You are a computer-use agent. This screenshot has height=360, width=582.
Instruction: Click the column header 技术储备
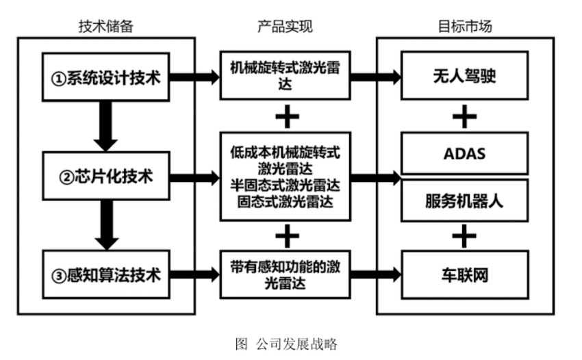[x=105, y=27]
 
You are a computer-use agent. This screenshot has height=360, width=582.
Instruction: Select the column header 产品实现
[x=285, y=27]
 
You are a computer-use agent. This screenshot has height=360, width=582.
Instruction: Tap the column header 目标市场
[x=465, y=27]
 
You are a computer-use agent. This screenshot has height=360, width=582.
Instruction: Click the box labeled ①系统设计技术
[x=105, y=77]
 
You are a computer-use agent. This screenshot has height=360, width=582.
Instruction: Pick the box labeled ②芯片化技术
[x=105, y=177]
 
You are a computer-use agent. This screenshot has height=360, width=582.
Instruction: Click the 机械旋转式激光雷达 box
[x=285, y=77]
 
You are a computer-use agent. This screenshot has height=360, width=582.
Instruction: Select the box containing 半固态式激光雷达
[x=285, y=177]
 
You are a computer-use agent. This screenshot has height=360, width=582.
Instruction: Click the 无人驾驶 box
[x=465, y=77]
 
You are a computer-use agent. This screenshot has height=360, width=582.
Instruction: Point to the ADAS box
[x=465, y=153]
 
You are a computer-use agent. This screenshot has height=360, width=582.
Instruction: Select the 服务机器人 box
[x=465, y=201]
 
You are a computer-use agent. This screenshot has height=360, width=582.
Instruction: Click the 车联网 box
[x=465, y=276]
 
